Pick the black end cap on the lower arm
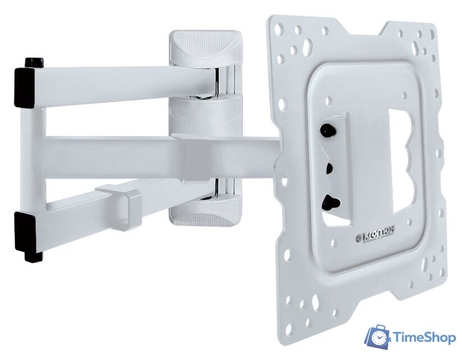point(25,231)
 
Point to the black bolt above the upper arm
point(34,63)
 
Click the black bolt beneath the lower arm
point(34,256)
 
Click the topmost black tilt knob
point(327,129)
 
